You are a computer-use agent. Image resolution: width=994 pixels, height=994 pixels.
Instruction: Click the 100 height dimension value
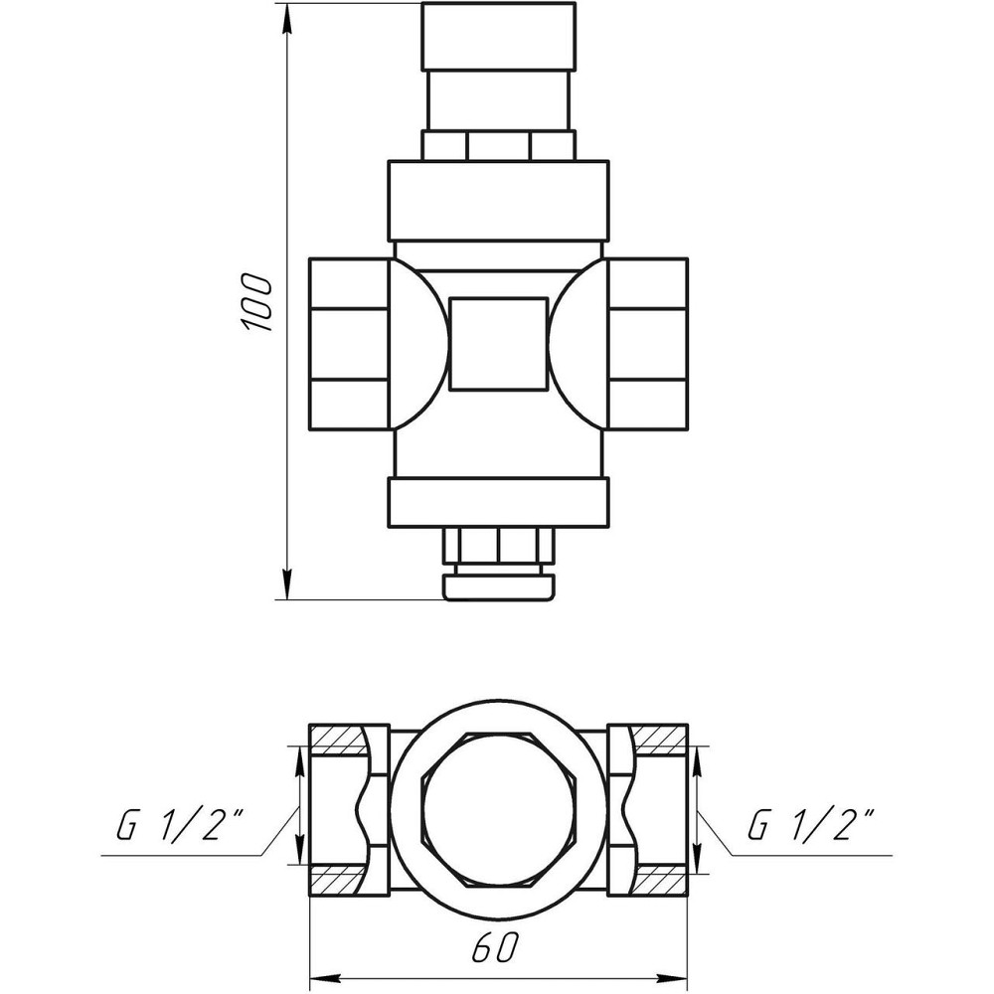(x=255, y=301)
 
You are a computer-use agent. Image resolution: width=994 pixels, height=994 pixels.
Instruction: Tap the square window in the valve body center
(x=497, y=343)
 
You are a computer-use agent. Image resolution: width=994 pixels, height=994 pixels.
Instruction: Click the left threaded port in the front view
(x=348, y=343)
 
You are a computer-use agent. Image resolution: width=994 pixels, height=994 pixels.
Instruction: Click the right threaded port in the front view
(x=647, y=343)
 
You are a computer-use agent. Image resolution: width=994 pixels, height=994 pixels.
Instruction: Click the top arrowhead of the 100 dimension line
(x=287, y=16)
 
